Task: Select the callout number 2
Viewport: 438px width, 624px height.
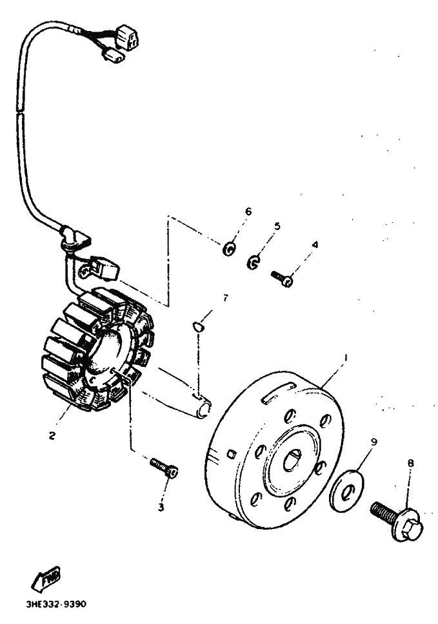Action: coord(52,435)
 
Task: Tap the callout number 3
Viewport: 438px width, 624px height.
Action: coord(161,507)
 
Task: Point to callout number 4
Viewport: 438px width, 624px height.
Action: coord(315,245)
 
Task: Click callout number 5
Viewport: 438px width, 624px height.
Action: coord(277,227)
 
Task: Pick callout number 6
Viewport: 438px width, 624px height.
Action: coord(248,211)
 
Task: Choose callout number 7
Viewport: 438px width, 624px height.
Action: coord(225,298)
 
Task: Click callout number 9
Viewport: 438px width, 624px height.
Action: coord(373,441)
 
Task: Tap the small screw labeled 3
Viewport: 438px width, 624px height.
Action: coord(165,468)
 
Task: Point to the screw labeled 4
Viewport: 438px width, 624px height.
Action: coord(282,278)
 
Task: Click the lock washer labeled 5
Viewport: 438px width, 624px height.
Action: coord(254,262)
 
